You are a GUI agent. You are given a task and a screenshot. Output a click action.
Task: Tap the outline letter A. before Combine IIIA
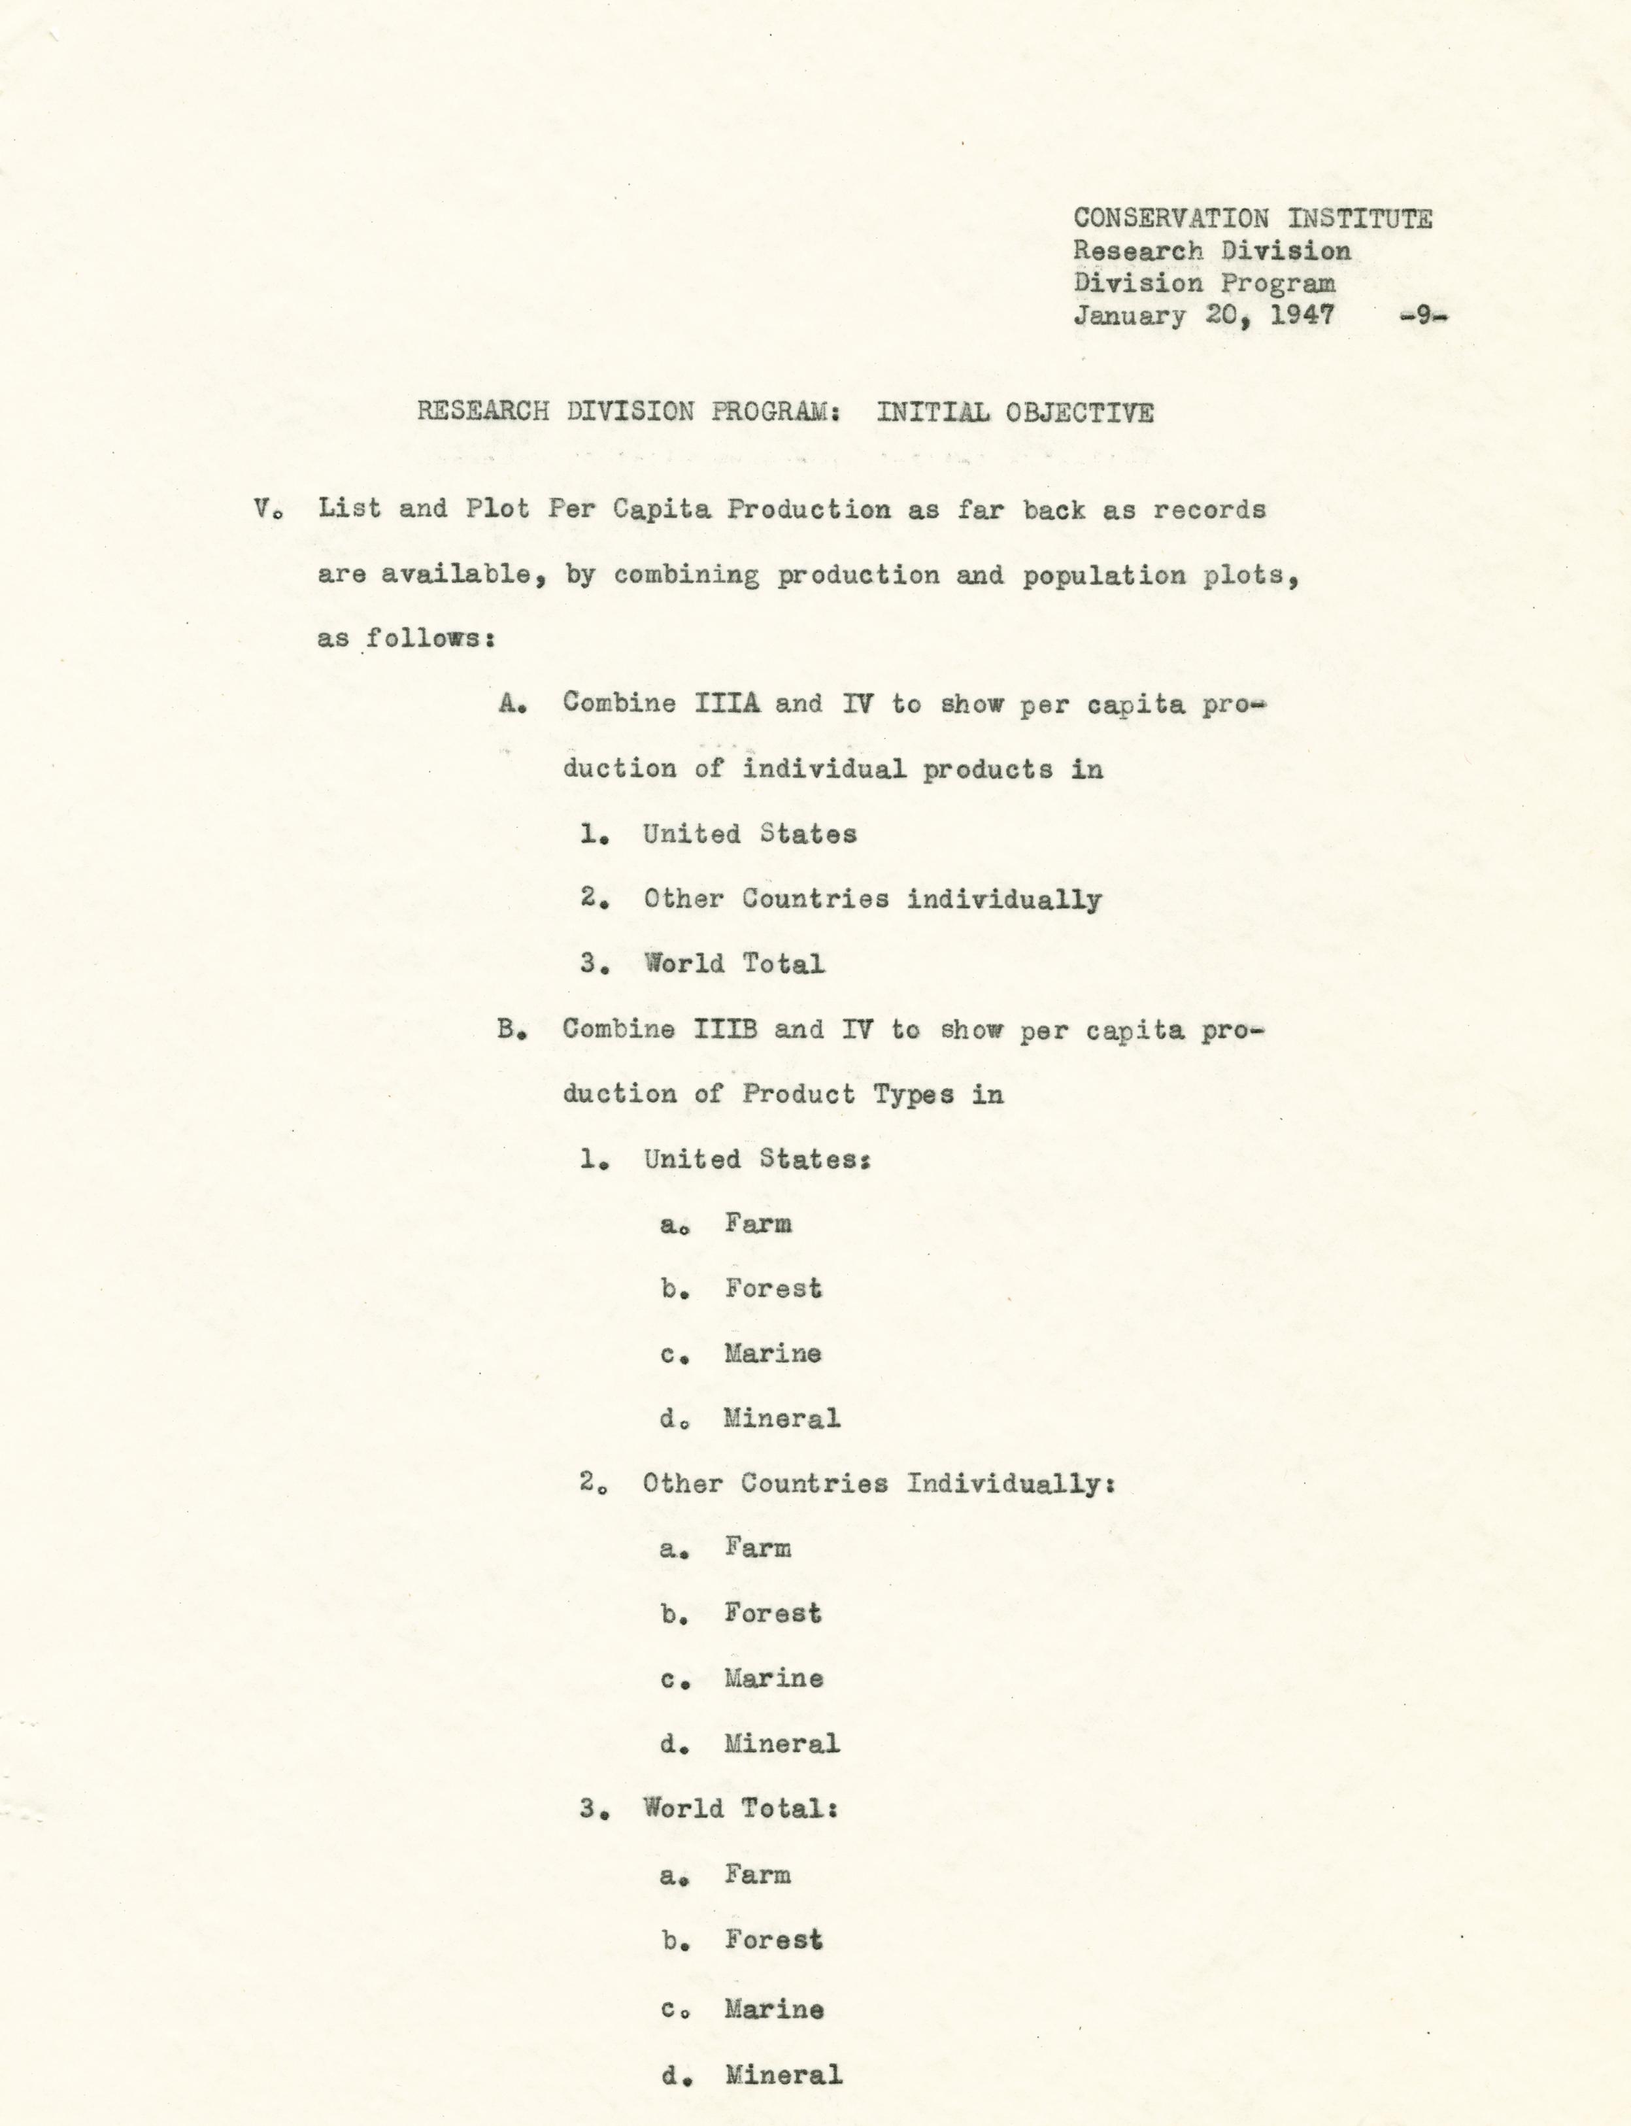point(513,704)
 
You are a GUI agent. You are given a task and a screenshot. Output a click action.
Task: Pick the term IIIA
point(727,704)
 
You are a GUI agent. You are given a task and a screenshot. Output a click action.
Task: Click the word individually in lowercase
point(1004,900)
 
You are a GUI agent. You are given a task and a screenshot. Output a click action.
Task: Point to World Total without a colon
point(734,964)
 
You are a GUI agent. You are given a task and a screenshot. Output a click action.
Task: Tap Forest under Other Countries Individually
point(773,1613)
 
